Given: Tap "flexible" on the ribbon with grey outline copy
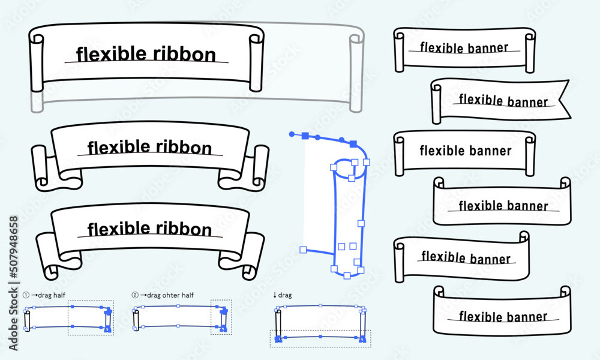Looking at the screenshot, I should [106, 55].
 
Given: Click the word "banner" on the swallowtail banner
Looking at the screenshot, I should [527, 102].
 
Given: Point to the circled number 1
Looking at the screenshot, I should [26, 295].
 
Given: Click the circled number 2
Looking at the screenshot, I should [135, 295].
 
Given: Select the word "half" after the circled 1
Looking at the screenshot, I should [59, 295].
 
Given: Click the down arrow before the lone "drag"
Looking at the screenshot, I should [275, 295].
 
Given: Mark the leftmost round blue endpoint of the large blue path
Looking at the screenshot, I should [292, 134].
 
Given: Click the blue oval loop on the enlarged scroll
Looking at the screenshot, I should [350, 169].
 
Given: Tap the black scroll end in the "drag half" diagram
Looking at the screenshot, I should [27, 321].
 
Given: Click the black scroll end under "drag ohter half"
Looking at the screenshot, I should [136, 321].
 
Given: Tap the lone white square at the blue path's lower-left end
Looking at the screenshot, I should [303, 249].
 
